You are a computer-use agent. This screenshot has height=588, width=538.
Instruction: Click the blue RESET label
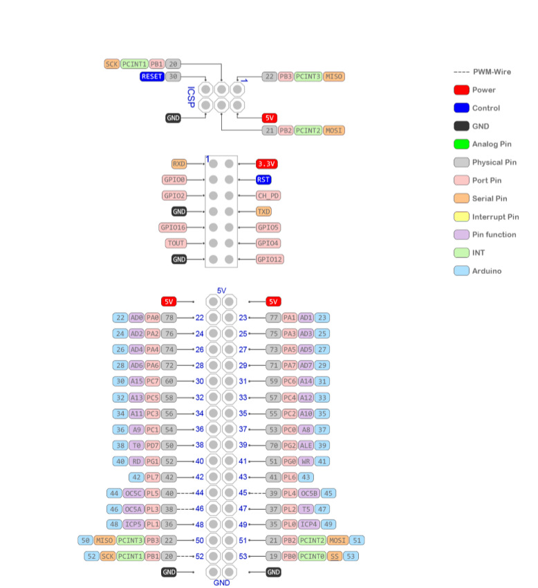(151, 76)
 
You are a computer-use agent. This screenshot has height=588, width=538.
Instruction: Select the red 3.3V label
(266, 164)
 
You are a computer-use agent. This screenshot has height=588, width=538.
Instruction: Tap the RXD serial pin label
(179, 164)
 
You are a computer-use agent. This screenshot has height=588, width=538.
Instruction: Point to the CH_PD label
(268, 196)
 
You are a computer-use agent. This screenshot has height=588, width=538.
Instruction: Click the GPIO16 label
(172, 228)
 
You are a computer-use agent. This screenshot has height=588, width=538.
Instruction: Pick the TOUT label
(176, 244)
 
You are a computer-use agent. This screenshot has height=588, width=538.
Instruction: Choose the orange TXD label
(263, 212)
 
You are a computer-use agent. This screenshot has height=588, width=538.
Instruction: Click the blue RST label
(263, 180)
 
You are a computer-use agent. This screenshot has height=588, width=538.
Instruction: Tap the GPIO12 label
(269, 259)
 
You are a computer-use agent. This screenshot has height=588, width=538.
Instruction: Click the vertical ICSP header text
(191, 97)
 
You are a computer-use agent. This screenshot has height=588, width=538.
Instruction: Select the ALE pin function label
(306, 445)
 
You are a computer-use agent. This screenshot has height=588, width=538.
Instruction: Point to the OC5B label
(309, 493)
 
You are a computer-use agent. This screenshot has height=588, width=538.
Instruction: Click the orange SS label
(335, 556)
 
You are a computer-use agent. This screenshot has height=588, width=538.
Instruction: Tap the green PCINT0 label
(312, 556)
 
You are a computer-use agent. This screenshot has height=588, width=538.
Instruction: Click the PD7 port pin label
(153, 445)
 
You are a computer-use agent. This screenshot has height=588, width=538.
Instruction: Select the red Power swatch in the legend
(462, 90)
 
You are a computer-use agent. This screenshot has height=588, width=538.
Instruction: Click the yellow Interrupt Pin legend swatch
(462, 217)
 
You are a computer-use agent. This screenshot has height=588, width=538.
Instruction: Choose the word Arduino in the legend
(488, 271)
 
